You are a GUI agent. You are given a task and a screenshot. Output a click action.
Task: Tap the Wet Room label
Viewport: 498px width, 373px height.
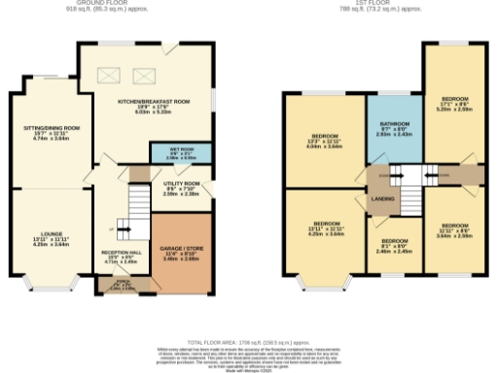tap(169, 153)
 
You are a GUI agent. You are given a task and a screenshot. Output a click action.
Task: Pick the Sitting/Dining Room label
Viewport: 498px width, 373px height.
tap(52, 132)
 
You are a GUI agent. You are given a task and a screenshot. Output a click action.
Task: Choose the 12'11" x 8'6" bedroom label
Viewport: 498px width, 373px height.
tap(455, 229)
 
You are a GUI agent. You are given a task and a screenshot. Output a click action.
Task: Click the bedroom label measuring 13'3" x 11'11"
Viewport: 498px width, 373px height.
tap(325, 140)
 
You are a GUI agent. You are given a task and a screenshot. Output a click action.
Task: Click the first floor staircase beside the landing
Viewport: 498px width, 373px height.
tap(398, 177)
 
